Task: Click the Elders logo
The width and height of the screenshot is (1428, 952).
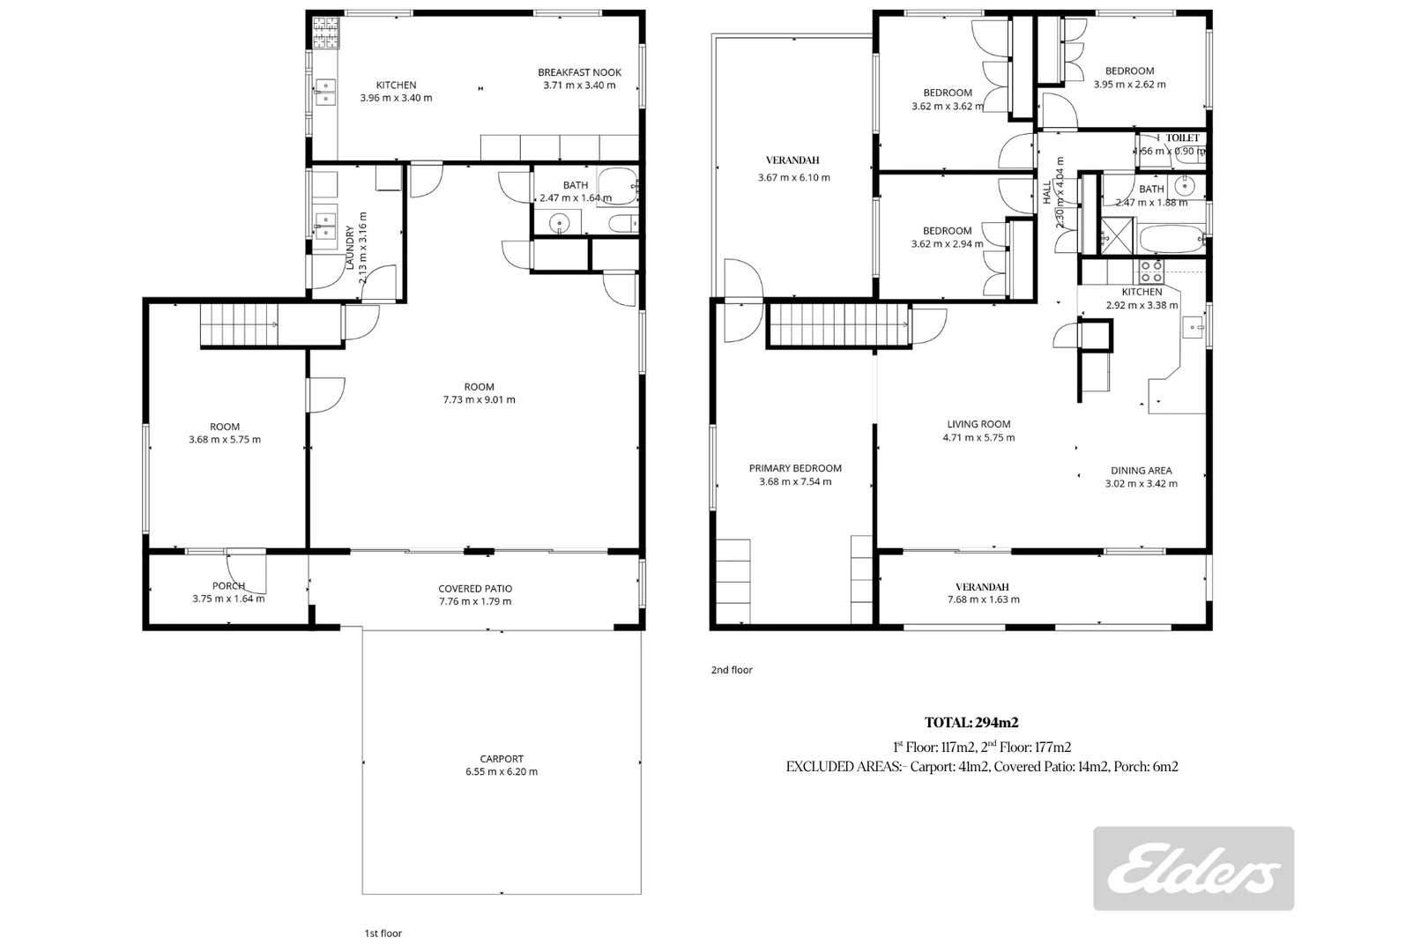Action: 1193,868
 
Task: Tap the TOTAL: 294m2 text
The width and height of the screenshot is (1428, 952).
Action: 971,723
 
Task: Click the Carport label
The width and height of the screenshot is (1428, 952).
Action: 502,758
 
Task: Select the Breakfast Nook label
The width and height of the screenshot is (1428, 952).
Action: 579,72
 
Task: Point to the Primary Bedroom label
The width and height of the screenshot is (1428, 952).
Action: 795,468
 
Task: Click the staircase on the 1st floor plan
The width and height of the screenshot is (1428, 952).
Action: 239,324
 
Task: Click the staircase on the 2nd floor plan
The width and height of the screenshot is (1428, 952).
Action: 838,324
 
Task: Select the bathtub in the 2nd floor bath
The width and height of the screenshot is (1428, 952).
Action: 1170,239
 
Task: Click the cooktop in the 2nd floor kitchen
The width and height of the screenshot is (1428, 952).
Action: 1151,270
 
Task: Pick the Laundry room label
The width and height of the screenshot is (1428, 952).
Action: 349,241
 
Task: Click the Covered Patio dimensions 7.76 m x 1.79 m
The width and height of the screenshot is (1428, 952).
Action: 475,601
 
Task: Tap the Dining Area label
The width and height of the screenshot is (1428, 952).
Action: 1141,471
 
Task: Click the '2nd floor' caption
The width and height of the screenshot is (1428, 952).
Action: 732,670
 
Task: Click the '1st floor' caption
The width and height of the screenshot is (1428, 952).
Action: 383,933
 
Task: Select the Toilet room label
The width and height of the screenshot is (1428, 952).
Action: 1182,138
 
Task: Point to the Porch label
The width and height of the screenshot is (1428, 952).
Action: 228,586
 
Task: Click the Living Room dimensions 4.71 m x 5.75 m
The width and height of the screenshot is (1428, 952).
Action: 978,437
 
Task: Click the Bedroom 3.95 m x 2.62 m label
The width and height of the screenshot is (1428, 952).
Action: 1129,71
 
